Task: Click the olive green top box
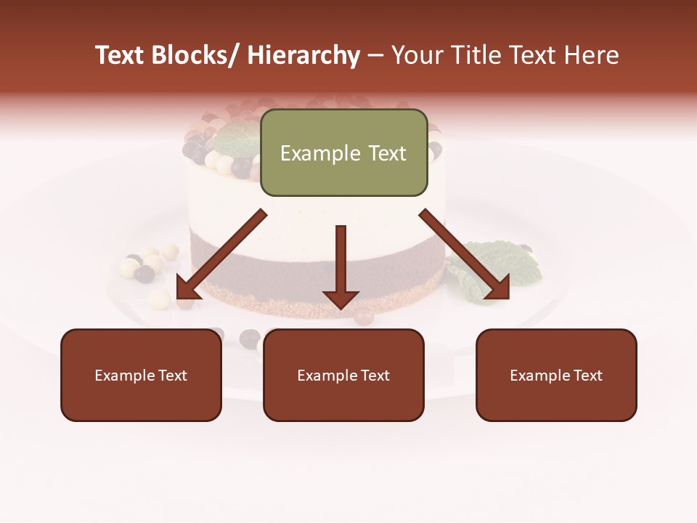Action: click(x=343, y=153)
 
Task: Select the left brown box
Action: click(x=141, y=375)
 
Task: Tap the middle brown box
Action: click(x=343, y=375)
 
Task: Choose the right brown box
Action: click(x=556, y=375)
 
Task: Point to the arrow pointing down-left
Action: click(x=221, y=254)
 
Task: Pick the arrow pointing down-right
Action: click(x=465, y=254)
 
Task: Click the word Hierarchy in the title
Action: click(x=303, y=56)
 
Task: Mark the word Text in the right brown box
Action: click(x=588, y=376)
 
